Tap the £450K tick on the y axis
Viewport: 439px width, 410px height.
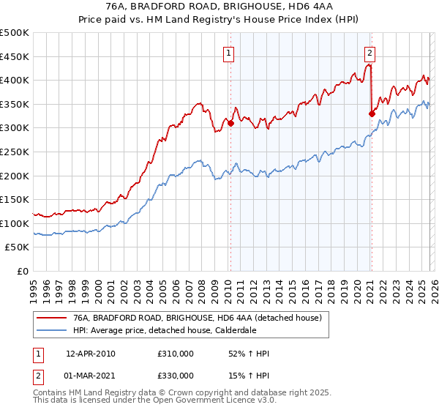pyautogui.click(x=15, y=56)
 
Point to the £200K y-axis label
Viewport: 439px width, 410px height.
pyautogui.click(x=15, y=176)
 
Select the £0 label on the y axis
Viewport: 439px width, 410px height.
pyautogui.click(x=23, y=271)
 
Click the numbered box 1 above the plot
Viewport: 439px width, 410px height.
pyautogui.click(x=229, y=53)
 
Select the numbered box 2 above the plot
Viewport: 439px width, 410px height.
pyautogui.click(x=370, y=53)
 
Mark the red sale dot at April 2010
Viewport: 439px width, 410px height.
pyautogui.click(x=230, y=123)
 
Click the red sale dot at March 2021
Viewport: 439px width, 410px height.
pyautogui.click(x=371, y=113)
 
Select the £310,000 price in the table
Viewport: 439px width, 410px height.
pyautogui.click(x=176, y=354)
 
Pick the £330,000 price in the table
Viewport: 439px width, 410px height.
pyautogui.click(x=176, y=376)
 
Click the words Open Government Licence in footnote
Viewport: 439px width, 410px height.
pyautogui.click(x=206, y=402)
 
